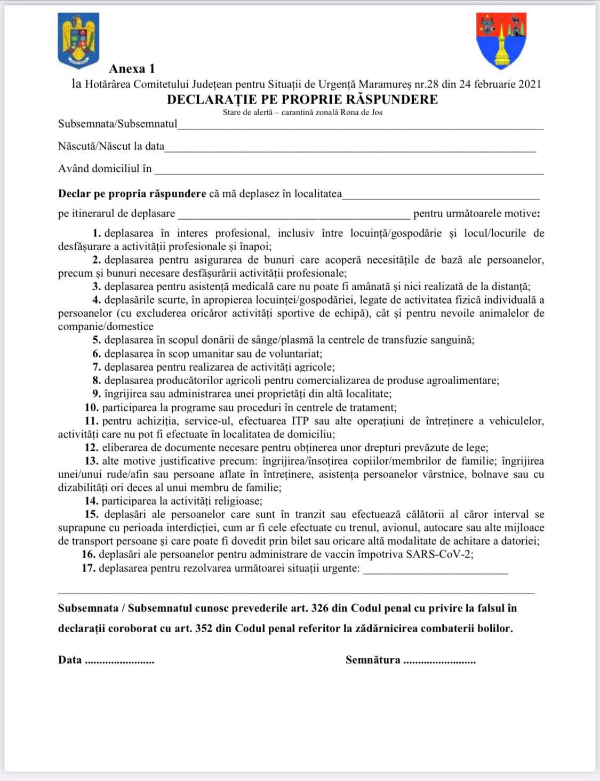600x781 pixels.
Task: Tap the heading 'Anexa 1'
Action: pos(132,69)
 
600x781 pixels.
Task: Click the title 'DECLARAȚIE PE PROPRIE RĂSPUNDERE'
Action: pos(302,99)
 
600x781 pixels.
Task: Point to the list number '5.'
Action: pos(97,340)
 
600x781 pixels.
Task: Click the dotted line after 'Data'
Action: pos(119,662)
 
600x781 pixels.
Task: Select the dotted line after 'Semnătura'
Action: pos(439,662)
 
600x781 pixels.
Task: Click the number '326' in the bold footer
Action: pos(340,609)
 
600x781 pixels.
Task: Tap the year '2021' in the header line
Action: pos(529,84)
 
